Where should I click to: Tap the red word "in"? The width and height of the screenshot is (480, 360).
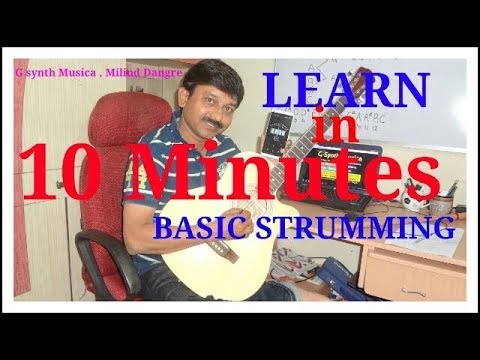point(331,127)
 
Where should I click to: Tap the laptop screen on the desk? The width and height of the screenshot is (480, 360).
point(345,160)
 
